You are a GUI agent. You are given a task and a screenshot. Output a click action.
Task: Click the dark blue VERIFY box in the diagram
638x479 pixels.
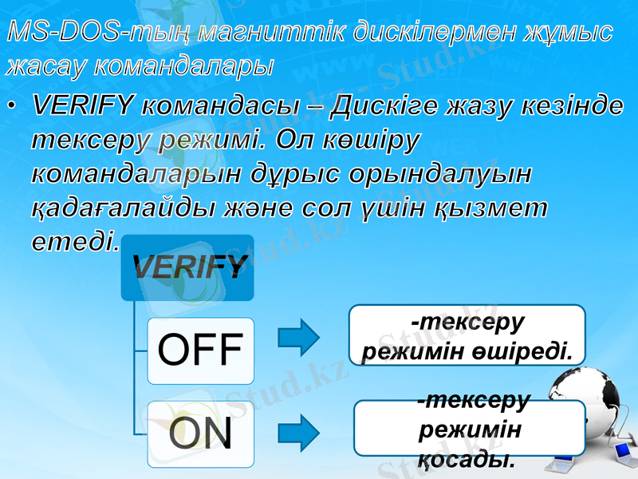click(187, 268)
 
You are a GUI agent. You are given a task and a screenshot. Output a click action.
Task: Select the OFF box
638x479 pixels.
click(200, 350)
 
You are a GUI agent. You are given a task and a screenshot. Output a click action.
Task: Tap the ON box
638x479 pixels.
click(200, 433)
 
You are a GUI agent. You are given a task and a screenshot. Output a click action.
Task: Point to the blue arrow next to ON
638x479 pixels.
click(299, 432)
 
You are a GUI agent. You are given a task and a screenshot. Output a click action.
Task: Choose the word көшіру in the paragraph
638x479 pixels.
click(375, 140)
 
